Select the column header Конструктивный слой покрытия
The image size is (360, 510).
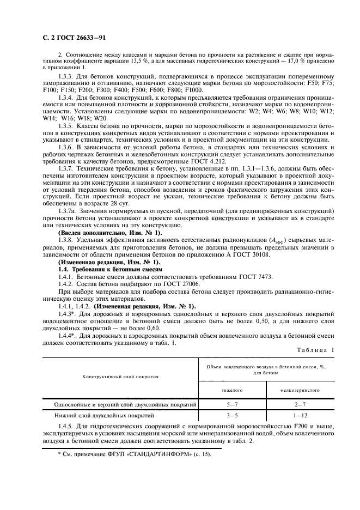click(121, 377)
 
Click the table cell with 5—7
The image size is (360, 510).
click(231, 405)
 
